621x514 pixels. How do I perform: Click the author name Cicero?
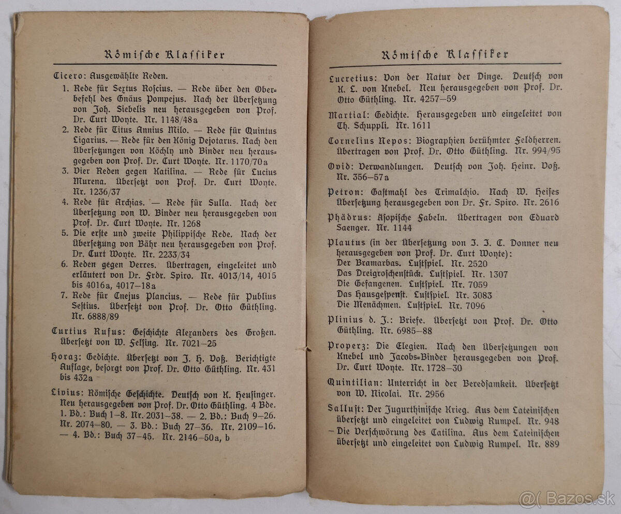point(66,75)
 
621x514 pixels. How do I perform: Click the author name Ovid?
point(339,166)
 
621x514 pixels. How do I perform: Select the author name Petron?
point(344,192)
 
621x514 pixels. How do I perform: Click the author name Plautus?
point(347,242)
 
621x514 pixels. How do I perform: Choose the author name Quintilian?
point(356,382)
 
